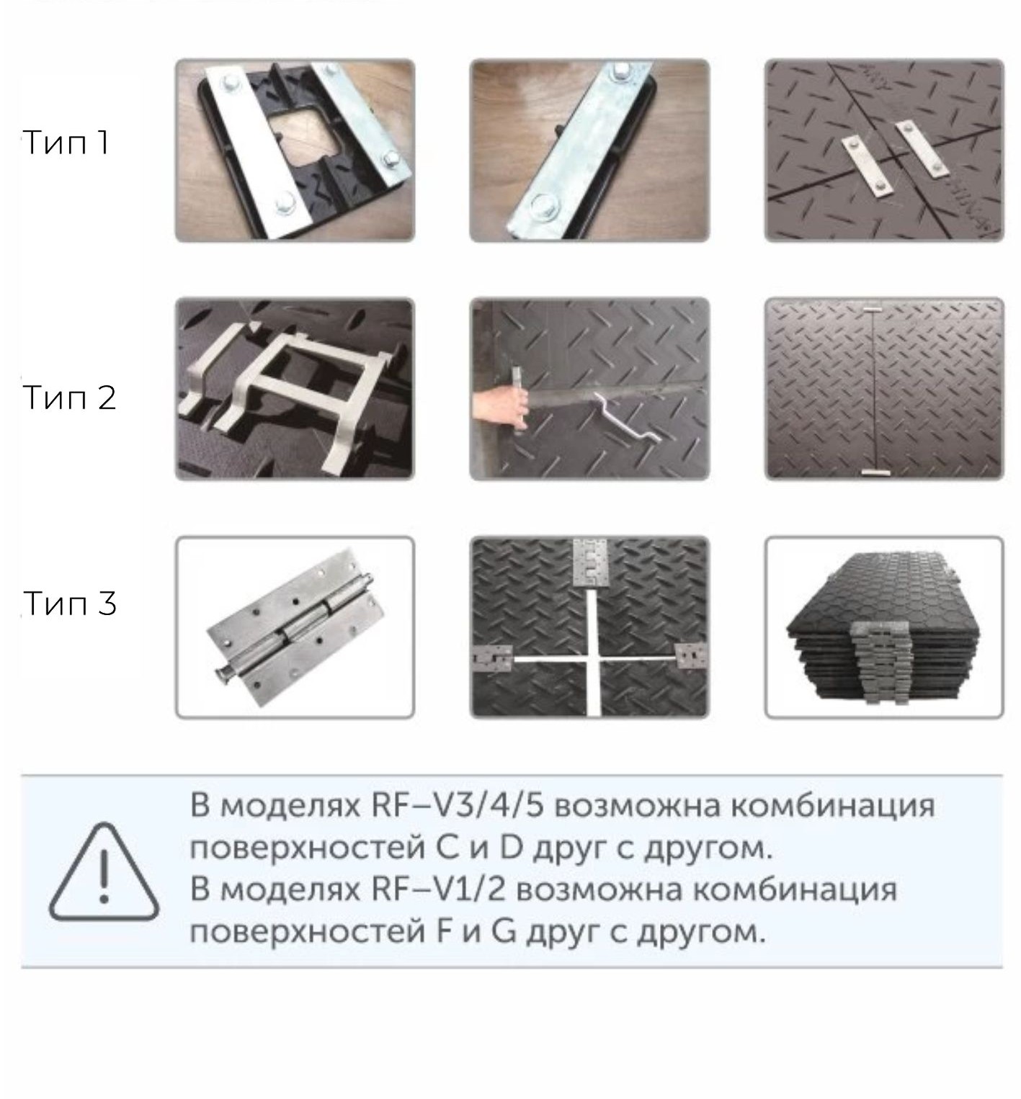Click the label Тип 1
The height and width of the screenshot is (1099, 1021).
66,143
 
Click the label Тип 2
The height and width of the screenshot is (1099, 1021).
69,398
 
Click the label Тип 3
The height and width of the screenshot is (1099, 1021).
69,604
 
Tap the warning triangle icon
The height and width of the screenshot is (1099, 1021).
104,874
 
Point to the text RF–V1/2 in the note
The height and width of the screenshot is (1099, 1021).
437,890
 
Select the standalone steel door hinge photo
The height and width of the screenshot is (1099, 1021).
295,627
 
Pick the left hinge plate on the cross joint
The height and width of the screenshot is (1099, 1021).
492,659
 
